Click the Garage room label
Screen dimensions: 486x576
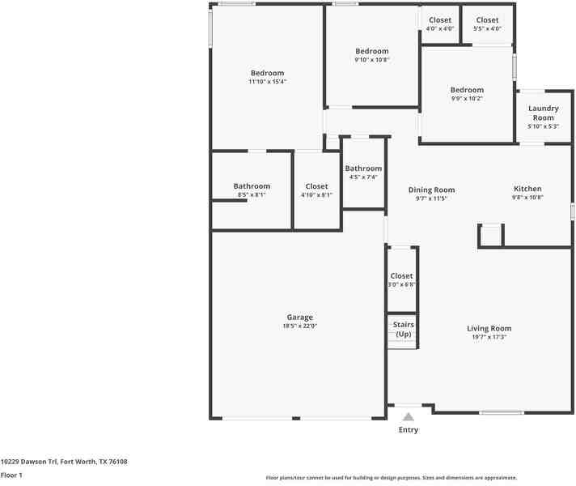299,318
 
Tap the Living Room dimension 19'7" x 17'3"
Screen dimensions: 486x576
489,337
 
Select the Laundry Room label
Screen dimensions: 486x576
543,113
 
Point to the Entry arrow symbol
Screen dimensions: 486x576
409,417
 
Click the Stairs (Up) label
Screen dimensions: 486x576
403,329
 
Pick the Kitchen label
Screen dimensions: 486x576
527,189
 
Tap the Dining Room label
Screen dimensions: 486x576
431,190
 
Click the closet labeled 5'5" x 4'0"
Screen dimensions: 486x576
487,20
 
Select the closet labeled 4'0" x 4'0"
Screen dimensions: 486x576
440,20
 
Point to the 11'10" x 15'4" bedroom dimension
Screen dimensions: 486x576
267,82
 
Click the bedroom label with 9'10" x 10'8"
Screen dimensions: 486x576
372,51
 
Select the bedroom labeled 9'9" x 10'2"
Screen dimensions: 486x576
467,90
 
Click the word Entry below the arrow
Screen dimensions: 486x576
409,430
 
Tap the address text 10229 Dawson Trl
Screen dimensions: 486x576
30,462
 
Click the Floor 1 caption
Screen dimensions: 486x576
11,475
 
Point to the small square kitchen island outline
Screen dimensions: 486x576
490,236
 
